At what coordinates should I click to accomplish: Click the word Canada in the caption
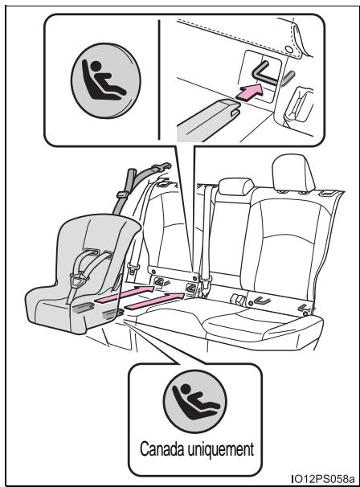pyautogui.click(x=162, y=448)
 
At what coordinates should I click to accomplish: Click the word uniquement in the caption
pyautogui.click(x=220, y=449)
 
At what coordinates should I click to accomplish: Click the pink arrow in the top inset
pyautogui.click(x=249, y=92)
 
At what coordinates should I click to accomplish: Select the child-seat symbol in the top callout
pyautogui.click(x=106, y=80)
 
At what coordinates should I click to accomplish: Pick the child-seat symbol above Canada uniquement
pyautogui.click(x=194, y=401)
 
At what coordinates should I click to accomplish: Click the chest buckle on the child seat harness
pyautogui.click(x=79, y=280)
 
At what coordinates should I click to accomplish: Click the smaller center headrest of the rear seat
pyautogui.click(x=236, y=186)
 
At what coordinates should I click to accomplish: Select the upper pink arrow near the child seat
pyautogui.click(x=125, y=294)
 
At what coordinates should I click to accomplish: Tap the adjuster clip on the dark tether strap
pyautogui.click(x=123, y=194)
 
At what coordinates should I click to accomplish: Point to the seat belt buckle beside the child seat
pyautogui.click(x=132, y=268)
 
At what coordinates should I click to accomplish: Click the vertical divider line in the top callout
pyautogui.click(x=159, y=80)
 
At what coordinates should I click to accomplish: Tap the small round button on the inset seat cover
pyautogui.click(x=288, y=49)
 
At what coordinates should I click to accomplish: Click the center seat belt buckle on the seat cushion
pyautogui.click(x=238, y=300)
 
